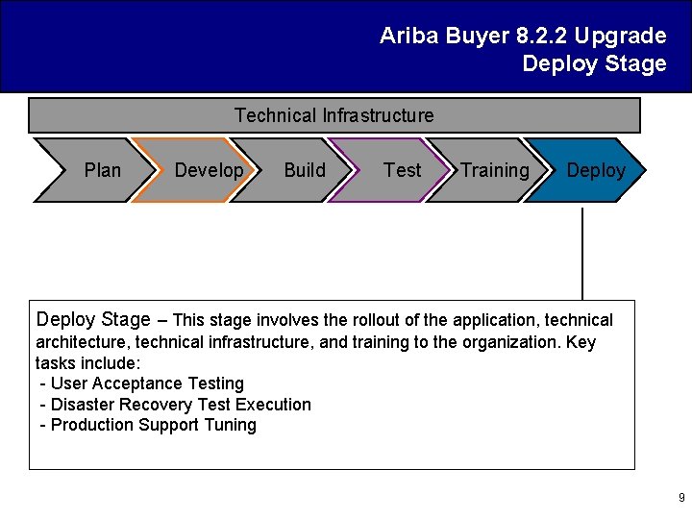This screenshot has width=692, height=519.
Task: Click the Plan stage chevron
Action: pyautogui.click(x=96, y=170)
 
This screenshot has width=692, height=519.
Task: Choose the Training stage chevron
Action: pyautogui.click(x=492, y=170)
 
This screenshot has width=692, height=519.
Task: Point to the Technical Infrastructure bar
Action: pyautogui.click(x=334, y=115)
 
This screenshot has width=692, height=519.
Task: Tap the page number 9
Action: pyautogui.click(x=681, y=498)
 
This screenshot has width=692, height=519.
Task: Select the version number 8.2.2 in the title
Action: pyautogui.click(x=542, y=37)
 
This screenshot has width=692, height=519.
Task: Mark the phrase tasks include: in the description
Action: pyautogui.click(x=87, y=363)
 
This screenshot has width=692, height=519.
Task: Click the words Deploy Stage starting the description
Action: pyautogui.click(x=93, y=319)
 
